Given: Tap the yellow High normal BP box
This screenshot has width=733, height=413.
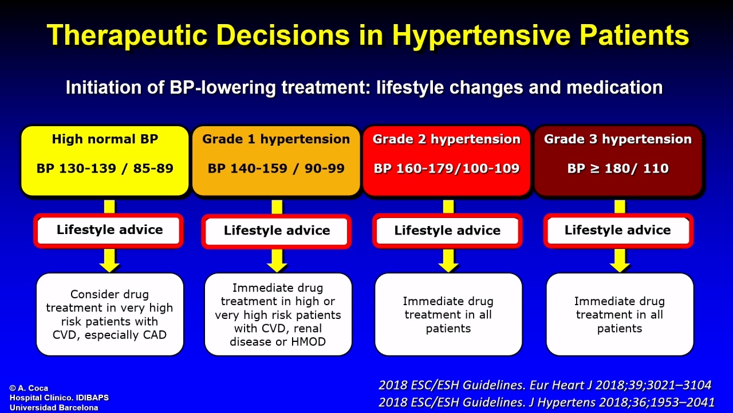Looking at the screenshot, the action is [105, 161].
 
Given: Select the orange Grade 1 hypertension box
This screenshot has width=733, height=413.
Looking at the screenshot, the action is [276, 161].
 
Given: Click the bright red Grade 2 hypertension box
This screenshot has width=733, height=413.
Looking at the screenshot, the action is [447, 161].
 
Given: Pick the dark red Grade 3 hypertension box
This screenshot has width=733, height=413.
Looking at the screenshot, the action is [618, 161].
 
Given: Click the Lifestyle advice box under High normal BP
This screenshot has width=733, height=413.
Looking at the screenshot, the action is [109, 231].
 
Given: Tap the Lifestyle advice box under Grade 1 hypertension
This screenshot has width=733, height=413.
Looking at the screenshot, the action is [277, 231].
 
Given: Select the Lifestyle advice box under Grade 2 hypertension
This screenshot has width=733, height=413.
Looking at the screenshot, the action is [447, 231].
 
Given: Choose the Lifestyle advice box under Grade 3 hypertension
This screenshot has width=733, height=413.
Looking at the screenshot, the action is [618, 231].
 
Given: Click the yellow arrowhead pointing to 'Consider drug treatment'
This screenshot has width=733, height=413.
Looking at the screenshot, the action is [109, 266].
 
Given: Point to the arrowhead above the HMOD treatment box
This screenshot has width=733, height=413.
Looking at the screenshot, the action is [277, 266].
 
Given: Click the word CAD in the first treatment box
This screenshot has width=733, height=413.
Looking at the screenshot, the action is [155, 335].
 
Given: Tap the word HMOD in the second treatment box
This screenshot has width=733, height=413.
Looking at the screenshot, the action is [308, 342].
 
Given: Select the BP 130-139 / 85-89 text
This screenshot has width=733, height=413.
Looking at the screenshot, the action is [105, 169].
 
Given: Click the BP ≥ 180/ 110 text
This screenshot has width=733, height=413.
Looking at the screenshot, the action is [618, 169].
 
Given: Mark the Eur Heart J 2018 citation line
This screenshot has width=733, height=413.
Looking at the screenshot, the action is [545, 385].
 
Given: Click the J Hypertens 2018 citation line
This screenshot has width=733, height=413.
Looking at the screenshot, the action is [546, 402].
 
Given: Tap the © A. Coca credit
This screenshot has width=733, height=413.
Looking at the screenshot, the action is [29, 388].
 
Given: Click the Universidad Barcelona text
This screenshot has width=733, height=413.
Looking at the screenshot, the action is [54, 408].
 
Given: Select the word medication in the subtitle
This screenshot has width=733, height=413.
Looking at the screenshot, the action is [614, 88].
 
